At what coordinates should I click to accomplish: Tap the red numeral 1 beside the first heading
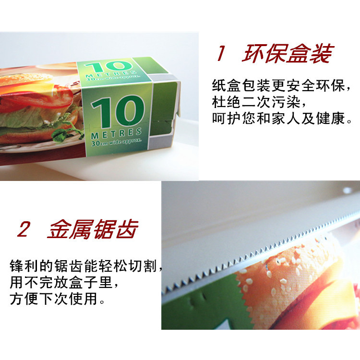point(221,53)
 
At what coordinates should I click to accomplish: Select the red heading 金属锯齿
point(93,229)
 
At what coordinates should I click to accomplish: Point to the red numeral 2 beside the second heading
point(24,229)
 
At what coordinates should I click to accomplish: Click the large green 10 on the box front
point(118,112)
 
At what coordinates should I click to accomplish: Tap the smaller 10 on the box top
point(109,67)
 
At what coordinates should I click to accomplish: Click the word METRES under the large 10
point(116,133)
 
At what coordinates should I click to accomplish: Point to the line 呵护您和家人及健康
point(282,119)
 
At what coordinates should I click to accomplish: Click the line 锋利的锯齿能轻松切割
point(86,266)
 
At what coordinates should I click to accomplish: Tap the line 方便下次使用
point(57,299)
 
